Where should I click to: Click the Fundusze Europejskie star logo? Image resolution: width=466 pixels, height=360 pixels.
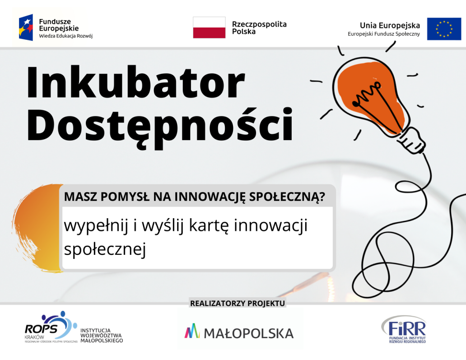click(x=26, y=28)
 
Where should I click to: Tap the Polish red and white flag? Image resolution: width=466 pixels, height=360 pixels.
click(x=209, y=28)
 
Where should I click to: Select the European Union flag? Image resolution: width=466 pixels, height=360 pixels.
click(x=444, y=29)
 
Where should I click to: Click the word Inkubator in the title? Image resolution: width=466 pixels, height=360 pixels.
click(x=136, y=82)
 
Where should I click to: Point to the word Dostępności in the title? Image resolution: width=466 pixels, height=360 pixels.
click(x=160, y=128)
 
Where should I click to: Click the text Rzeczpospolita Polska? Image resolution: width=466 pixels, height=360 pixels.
click(x=259, y=28)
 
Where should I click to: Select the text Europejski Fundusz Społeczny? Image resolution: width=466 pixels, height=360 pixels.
click(x=384, y=34)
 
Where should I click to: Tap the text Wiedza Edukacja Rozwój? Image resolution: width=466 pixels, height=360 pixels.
click(x=65, y=36)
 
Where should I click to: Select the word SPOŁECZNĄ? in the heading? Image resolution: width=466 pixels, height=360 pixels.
click(x=287, y=197)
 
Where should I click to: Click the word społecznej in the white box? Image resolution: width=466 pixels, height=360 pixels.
click(x=105, y=249)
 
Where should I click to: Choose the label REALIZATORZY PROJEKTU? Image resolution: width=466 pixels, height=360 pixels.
click(x=238, y=303)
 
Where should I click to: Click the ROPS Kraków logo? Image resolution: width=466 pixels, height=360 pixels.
click(x=51, y=327)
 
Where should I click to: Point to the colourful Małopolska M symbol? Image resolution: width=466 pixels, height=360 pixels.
click(x=192, y=331)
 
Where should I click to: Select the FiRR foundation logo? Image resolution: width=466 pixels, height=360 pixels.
click(x=404, y=329)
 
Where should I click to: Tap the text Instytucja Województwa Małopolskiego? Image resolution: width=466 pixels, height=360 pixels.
click(x=102, y=336)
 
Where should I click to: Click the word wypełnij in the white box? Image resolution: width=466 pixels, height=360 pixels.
click(x=96, y=226)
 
